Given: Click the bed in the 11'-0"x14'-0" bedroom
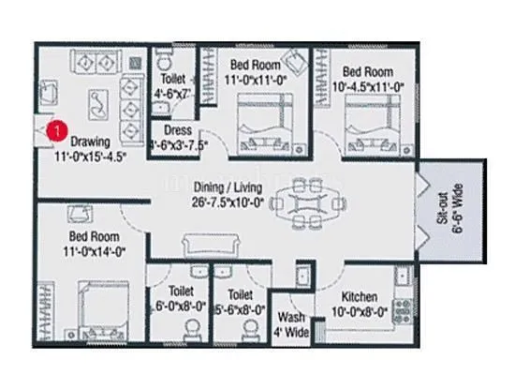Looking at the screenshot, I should tap(93, 310).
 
